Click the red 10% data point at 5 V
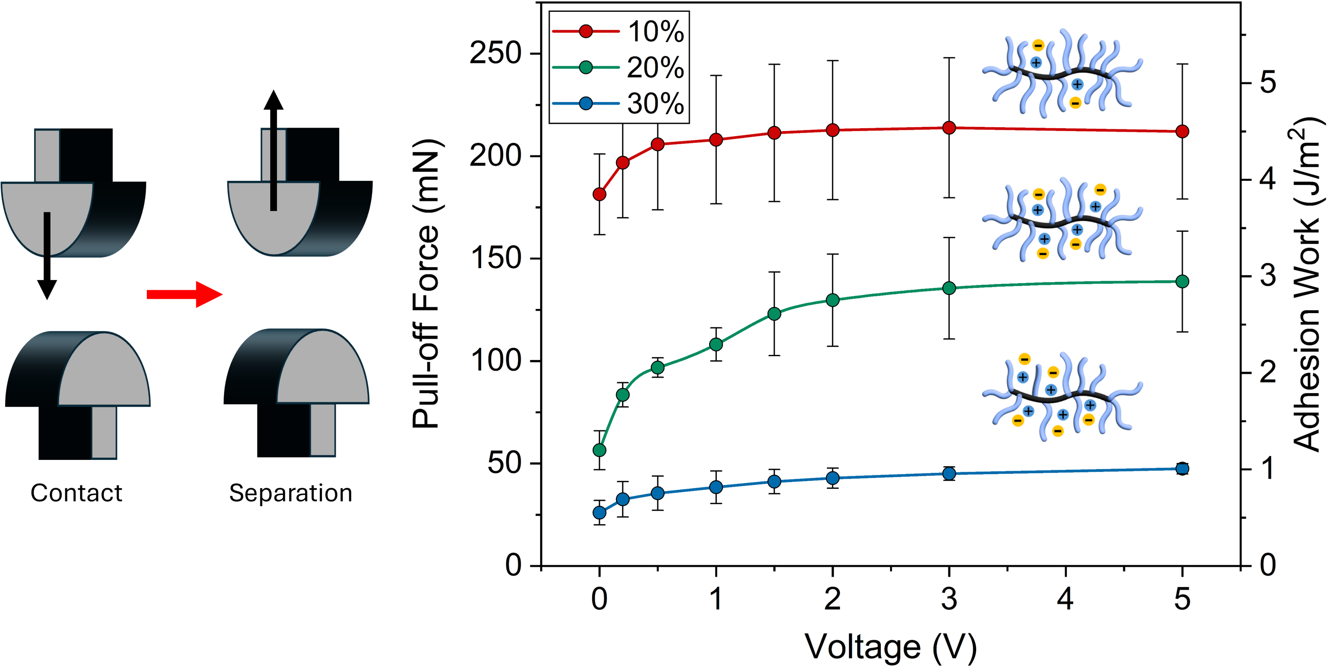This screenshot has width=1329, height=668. pos(1182,131)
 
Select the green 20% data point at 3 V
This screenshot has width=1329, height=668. pos(949,288)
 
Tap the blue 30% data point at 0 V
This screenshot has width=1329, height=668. pos(599,512)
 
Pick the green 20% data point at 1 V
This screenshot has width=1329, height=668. pos(716,344)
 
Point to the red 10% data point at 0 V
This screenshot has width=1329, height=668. pos(599,194)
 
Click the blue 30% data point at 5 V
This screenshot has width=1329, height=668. pos(1182,468)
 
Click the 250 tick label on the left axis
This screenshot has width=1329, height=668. pos(495,53)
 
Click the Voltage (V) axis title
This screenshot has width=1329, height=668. pos(891,646)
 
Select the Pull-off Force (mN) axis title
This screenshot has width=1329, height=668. pos(426,284)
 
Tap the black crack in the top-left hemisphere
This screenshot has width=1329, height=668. pos(47,233)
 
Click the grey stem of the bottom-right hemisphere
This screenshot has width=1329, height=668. pos(322,429)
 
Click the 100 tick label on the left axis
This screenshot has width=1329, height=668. pos(495,360)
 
